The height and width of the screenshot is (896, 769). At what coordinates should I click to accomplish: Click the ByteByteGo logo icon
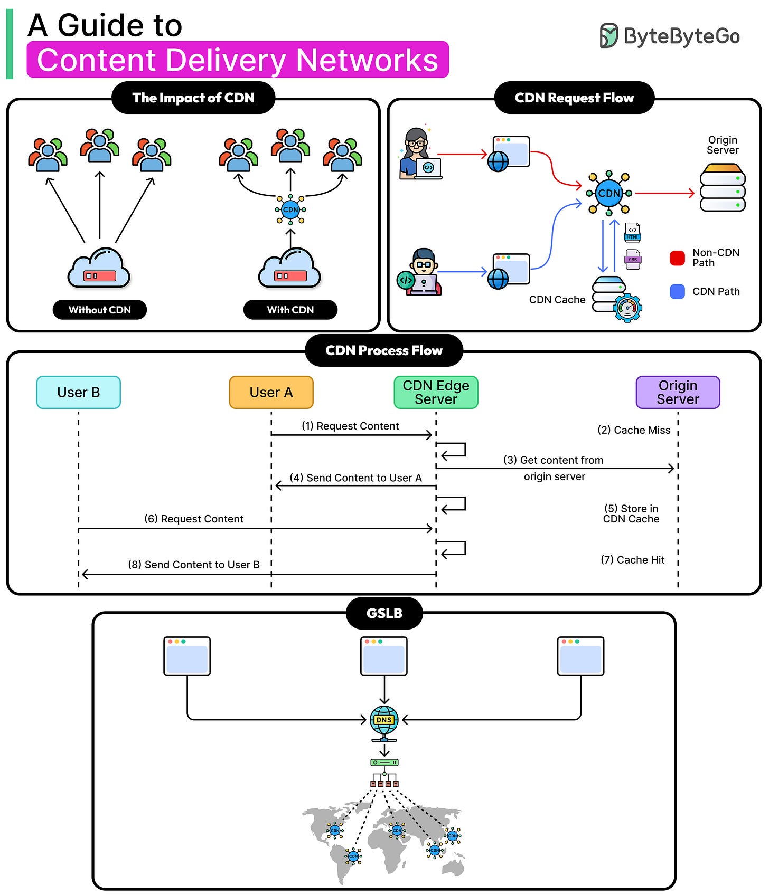[x=608, y=36]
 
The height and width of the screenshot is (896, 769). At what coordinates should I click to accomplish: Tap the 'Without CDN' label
[x=100, y=310]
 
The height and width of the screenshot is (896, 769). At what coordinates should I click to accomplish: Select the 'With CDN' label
[x=290, y=310]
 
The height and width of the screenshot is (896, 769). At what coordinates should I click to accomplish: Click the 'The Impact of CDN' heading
[x=193, y=98]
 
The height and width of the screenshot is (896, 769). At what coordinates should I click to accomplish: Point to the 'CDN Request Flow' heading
[x=574, y=98]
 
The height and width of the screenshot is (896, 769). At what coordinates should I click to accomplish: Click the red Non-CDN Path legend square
[x=677, y=258]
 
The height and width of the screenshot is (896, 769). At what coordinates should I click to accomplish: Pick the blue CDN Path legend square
[x=677, y=291]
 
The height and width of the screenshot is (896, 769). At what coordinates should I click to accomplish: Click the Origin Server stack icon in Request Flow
[x=723, y=188]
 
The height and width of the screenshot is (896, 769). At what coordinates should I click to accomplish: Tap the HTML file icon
[x=633, y=232]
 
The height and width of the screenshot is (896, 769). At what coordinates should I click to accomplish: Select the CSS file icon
[x=633, y=259]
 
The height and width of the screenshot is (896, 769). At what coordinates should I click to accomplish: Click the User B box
[x=79, y=392]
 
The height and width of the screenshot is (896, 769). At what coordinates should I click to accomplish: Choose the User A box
[x=271, y=392]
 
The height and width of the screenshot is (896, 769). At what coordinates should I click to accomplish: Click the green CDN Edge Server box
[x=436, y=392]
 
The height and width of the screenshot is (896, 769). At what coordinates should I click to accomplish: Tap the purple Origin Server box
[x=678, y=392]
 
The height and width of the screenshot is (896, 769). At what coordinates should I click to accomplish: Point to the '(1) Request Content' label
[x=350, y=426]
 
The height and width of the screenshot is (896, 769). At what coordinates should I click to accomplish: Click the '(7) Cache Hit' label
[x=633, y=560]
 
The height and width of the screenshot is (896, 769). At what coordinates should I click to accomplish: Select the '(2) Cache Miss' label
[x=634, y=430]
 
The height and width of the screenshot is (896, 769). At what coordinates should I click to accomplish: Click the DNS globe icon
[x=384, y=721]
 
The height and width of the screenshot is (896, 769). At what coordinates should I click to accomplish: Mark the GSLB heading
[x=384, y=613]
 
